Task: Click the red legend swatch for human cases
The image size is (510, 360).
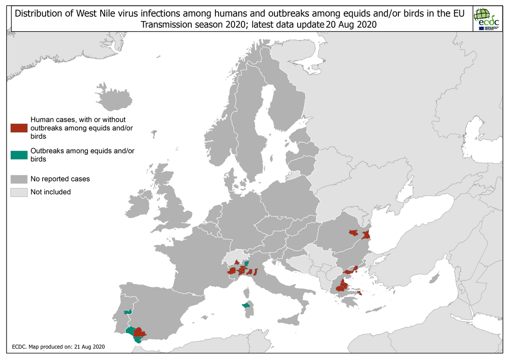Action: coord(19,128)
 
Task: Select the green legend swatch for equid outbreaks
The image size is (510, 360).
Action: coord(19,155)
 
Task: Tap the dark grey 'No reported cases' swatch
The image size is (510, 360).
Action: coord(19,179)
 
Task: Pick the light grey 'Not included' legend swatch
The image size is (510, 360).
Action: coord(19,192)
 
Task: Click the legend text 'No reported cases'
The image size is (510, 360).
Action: coord(60,179)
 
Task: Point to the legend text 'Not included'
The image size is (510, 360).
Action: coord(51,192)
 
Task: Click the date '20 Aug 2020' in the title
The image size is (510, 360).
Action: coord(351,25)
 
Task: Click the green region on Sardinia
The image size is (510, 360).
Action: coord(246,305)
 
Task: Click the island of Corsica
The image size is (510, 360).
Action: coord(248,292)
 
